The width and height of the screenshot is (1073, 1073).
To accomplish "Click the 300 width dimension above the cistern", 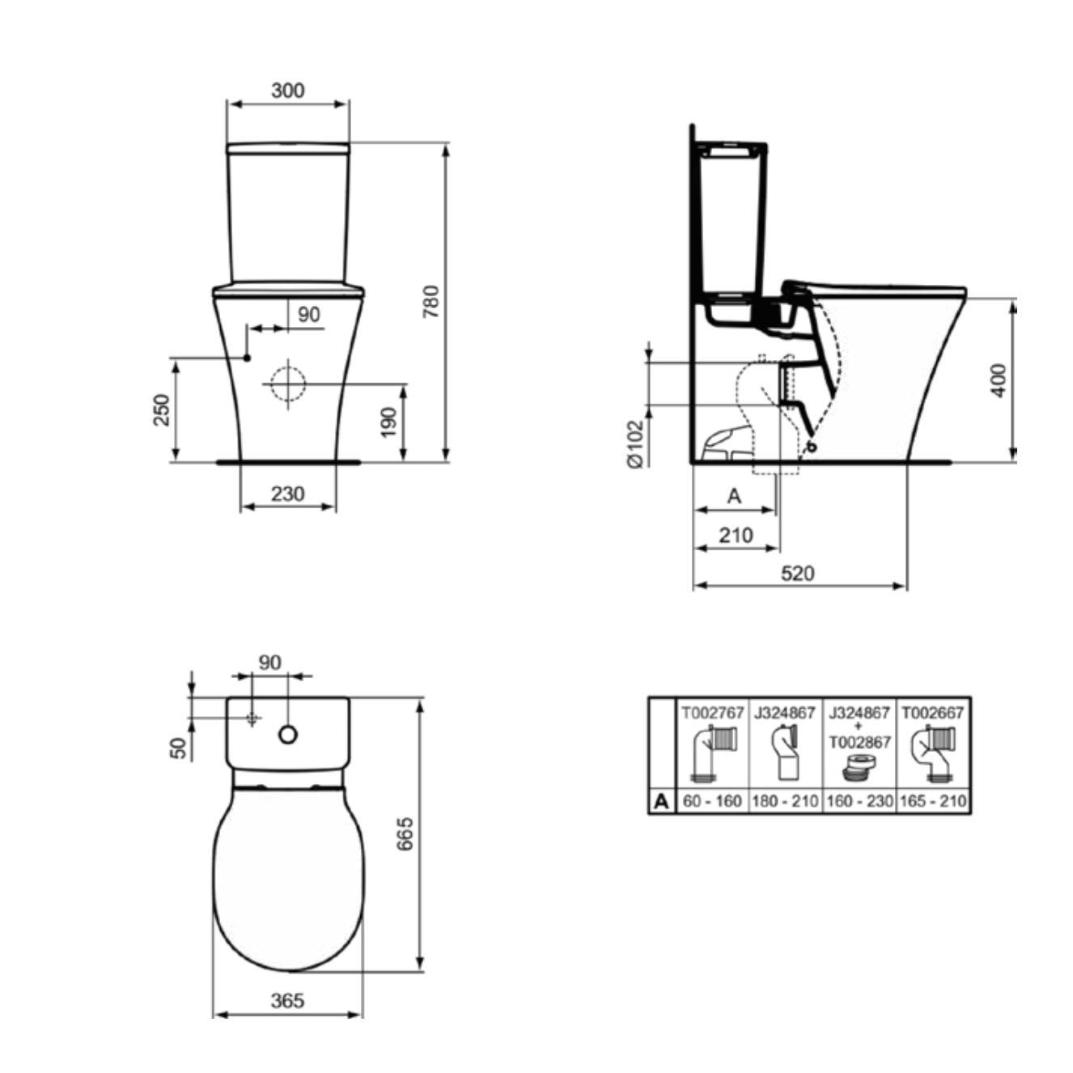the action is point(288,90).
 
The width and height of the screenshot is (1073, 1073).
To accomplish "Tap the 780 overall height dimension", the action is point(431,301).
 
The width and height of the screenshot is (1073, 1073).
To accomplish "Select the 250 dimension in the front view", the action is point(162,409).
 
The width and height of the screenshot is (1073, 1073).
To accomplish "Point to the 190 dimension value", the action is point(389,422).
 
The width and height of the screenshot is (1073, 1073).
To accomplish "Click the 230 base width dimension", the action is point(288,494).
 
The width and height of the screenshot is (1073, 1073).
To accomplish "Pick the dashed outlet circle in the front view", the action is point(288,384).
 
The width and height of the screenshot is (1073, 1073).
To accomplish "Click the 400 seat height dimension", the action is point(999,380).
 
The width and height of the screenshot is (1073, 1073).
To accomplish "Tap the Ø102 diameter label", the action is point(636,443).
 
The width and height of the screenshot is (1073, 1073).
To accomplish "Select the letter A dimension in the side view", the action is point(735,495).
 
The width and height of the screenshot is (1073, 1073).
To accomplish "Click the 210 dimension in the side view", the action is point(736,535).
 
